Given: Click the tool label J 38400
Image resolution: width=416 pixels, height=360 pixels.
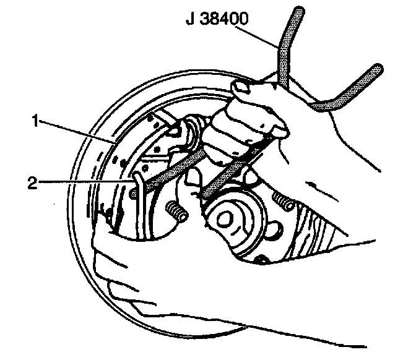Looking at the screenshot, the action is point(219,19).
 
